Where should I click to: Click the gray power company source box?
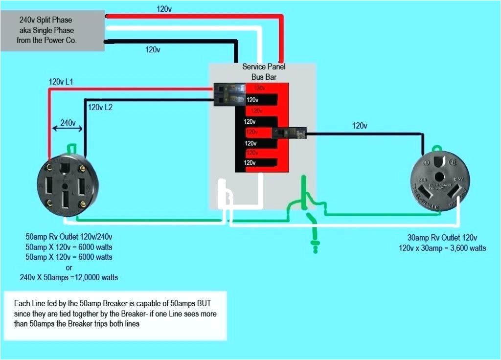[53, 30]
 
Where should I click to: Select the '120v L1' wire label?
[61, 82]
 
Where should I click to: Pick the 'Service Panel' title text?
[264, 67]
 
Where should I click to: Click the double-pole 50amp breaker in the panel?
[229, 94]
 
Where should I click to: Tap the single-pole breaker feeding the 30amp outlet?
[289, 133]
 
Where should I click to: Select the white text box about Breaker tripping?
[115, 315]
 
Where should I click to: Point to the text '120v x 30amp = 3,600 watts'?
[442, 248]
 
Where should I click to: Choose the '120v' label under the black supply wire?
[152, 49]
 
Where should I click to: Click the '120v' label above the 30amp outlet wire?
[359, 126]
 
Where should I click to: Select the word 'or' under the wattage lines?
[68, 267]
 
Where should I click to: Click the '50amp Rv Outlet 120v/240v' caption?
[68, 236]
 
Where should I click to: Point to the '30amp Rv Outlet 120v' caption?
[442, 238]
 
